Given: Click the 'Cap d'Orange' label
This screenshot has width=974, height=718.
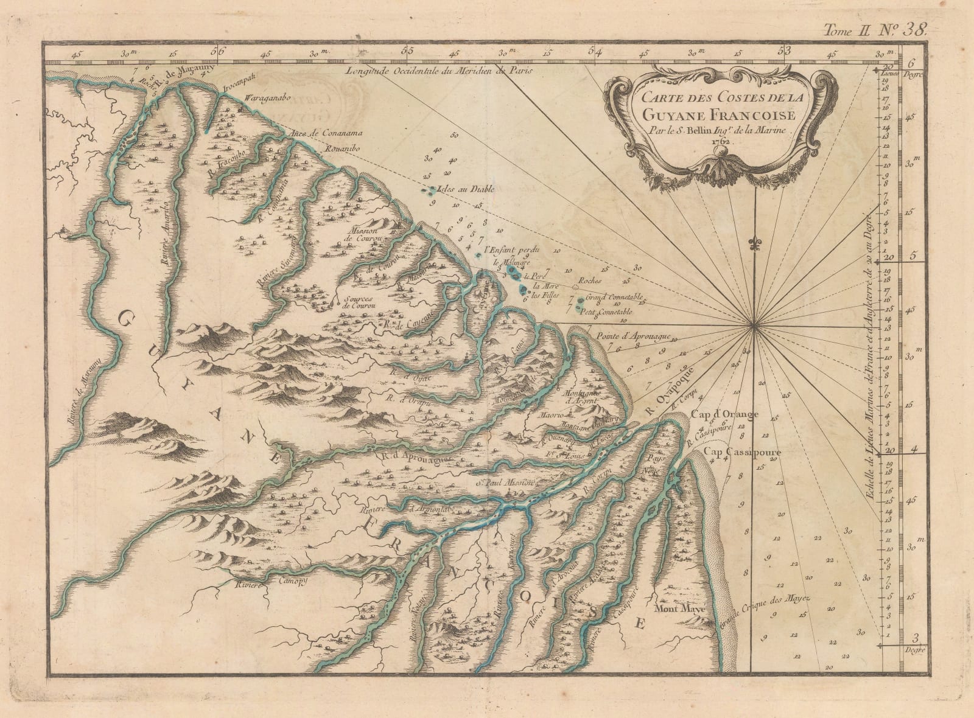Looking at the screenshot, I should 724,415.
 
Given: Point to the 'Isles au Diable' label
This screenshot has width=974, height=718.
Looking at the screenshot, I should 458,189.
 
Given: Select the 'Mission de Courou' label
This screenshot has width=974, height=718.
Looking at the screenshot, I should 364,234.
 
